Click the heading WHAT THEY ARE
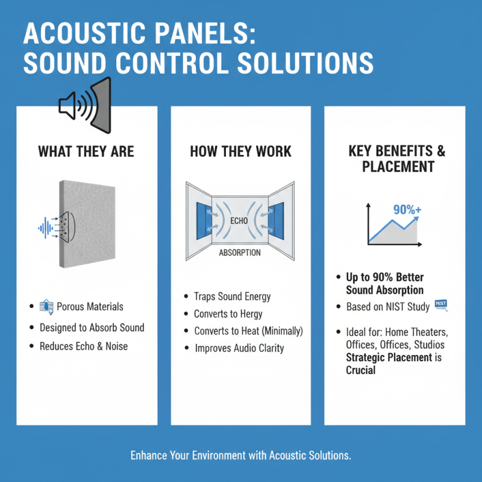86,151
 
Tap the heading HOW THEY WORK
241,151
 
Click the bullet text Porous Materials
90,307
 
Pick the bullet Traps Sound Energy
232,296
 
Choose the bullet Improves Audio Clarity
239,348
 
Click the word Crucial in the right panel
360,370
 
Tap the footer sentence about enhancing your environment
240,455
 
